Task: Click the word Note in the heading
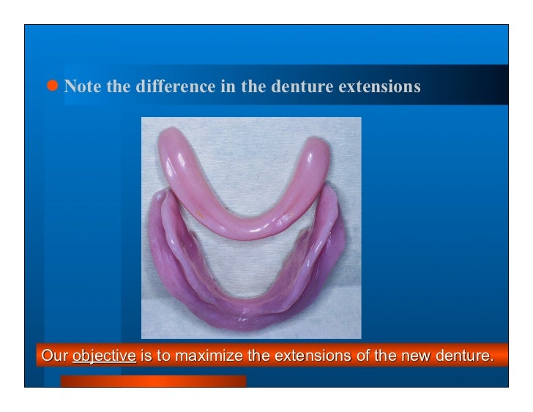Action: tap(83, 86)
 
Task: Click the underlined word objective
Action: tap(104, 357)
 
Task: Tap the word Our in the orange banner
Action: tap(54, 357)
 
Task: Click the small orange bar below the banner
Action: tap(153, 381)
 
